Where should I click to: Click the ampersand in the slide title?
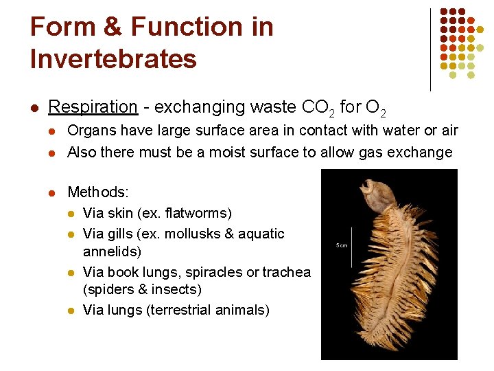[113, 27]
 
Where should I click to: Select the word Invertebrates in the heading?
[113, 58]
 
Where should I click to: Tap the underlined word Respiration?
[93, 107]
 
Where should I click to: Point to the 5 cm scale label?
[341, 245]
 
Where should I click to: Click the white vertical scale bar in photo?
[353, 246]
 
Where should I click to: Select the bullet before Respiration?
[34, 108]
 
